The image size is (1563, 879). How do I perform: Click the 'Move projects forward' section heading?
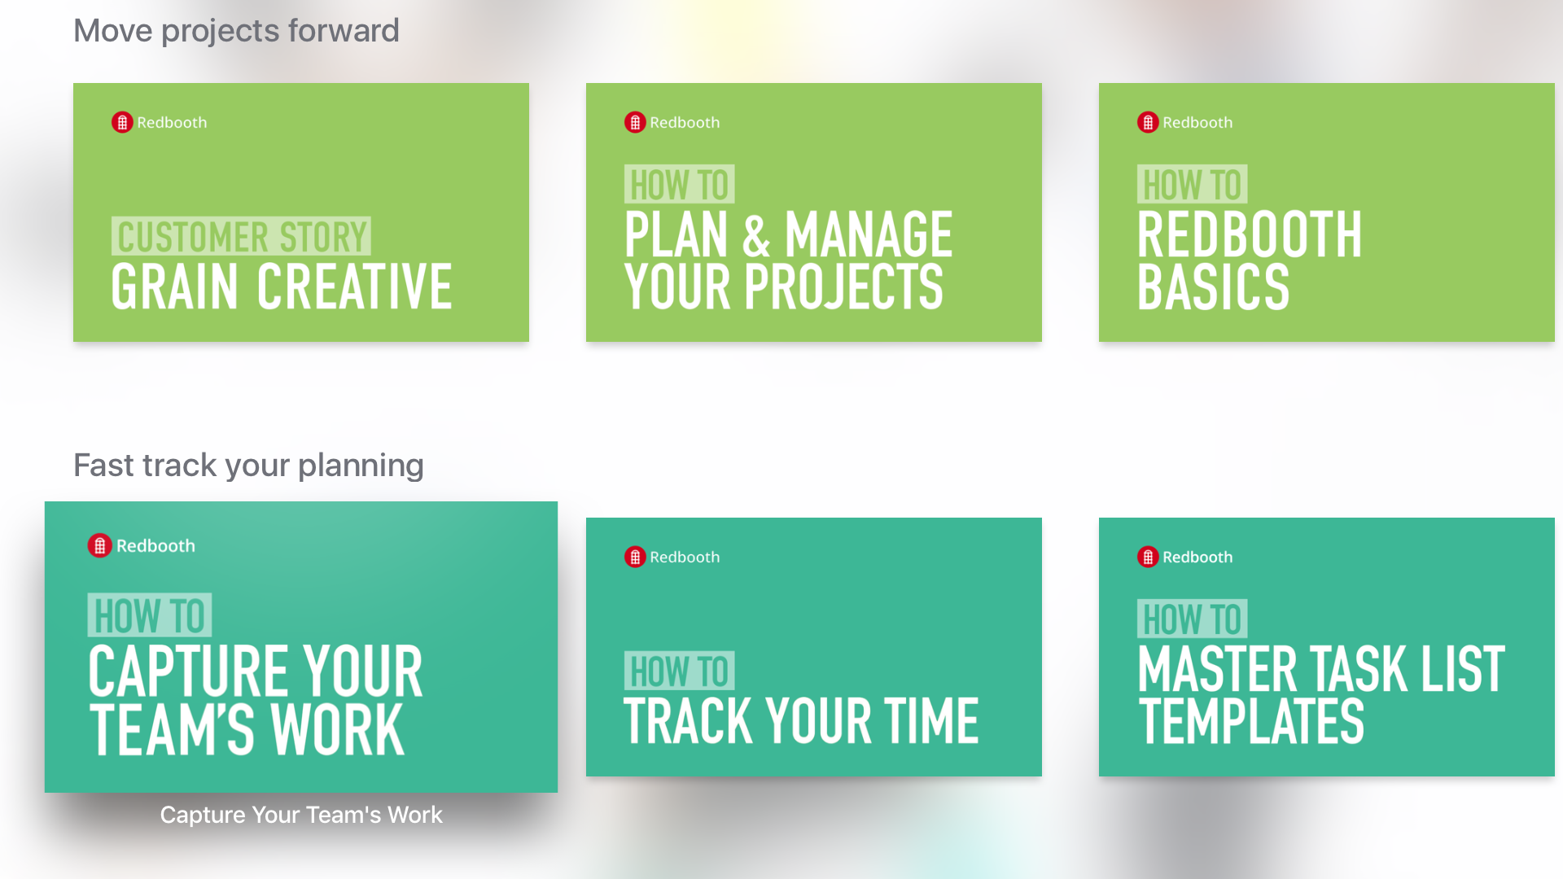point(236,31)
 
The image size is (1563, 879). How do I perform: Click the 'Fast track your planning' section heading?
point(248,466)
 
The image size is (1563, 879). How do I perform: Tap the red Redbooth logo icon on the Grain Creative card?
point(122,122)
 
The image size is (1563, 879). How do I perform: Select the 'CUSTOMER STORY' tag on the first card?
point(241,237)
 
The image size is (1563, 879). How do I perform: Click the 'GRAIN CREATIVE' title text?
point(282,286)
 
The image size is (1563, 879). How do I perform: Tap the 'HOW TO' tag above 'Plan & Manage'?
point(680,185)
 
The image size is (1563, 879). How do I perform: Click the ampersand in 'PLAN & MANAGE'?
point(756,235)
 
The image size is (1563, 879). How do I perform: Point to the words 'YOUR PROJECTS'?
point(784,286)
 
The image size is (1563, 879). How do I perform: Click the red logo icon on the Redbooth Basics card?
point(1148,122)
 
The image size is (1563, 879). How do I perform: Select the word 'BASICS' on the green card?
point(1214,286)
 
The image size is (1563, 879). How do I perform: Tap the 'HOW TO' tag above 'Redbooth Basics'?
point(1193,185)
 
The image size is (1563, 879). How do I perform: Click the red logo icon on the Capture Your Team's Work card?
point(99,545)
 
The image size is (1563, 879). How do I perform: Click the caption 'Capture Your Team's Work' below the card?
point(301,815)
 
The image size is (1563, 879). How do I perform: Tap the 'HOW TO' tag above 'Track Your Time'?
point(680,671)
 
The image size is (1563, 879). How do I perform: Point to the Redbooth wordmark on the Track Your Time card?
point(685,557)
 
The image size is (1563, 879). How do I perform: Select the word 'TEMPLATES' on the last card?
point(1251,721)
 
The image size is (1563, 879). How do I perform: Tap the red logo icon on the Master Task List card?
point(1148,557)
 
